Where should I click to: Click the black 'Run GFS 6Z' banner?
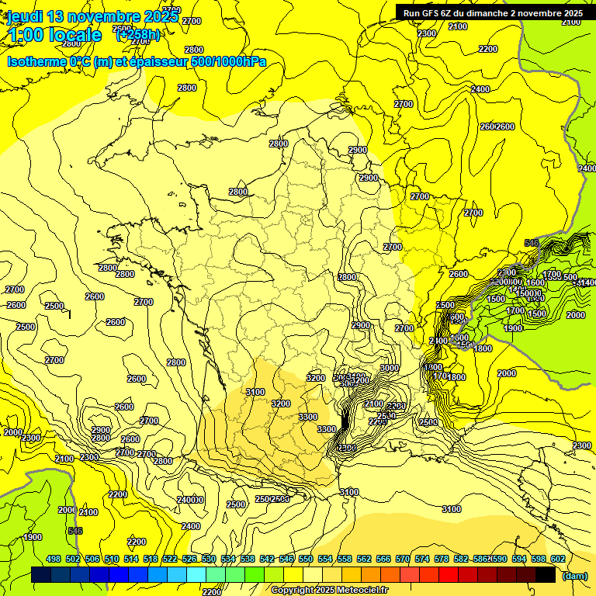tap(493, 12)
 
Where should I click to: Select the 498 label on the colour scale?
tap(54, 559)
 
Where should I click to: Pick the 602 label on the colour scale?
tap(557, 559)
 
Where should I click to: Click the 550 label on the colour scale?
tap(306, 559)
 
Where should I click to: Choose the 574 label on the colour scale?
tap(422, 559)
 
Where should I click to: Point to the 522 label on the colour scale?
tap(170, 559)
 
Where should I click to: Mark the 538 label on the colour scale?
tap(248, 559)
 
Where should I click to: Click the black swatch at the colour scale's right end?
tap(546, 575)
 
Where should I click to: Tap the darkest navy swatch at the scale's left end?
tap(41, 575)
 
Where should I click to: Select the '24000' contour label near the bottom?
tap(190, 500)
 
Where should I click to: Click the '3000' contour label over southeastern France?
tap(390, 368)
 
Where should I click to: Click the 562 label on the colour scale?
tap(364, 559)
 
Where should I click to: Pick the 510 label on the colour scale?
tap(112, 559)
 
